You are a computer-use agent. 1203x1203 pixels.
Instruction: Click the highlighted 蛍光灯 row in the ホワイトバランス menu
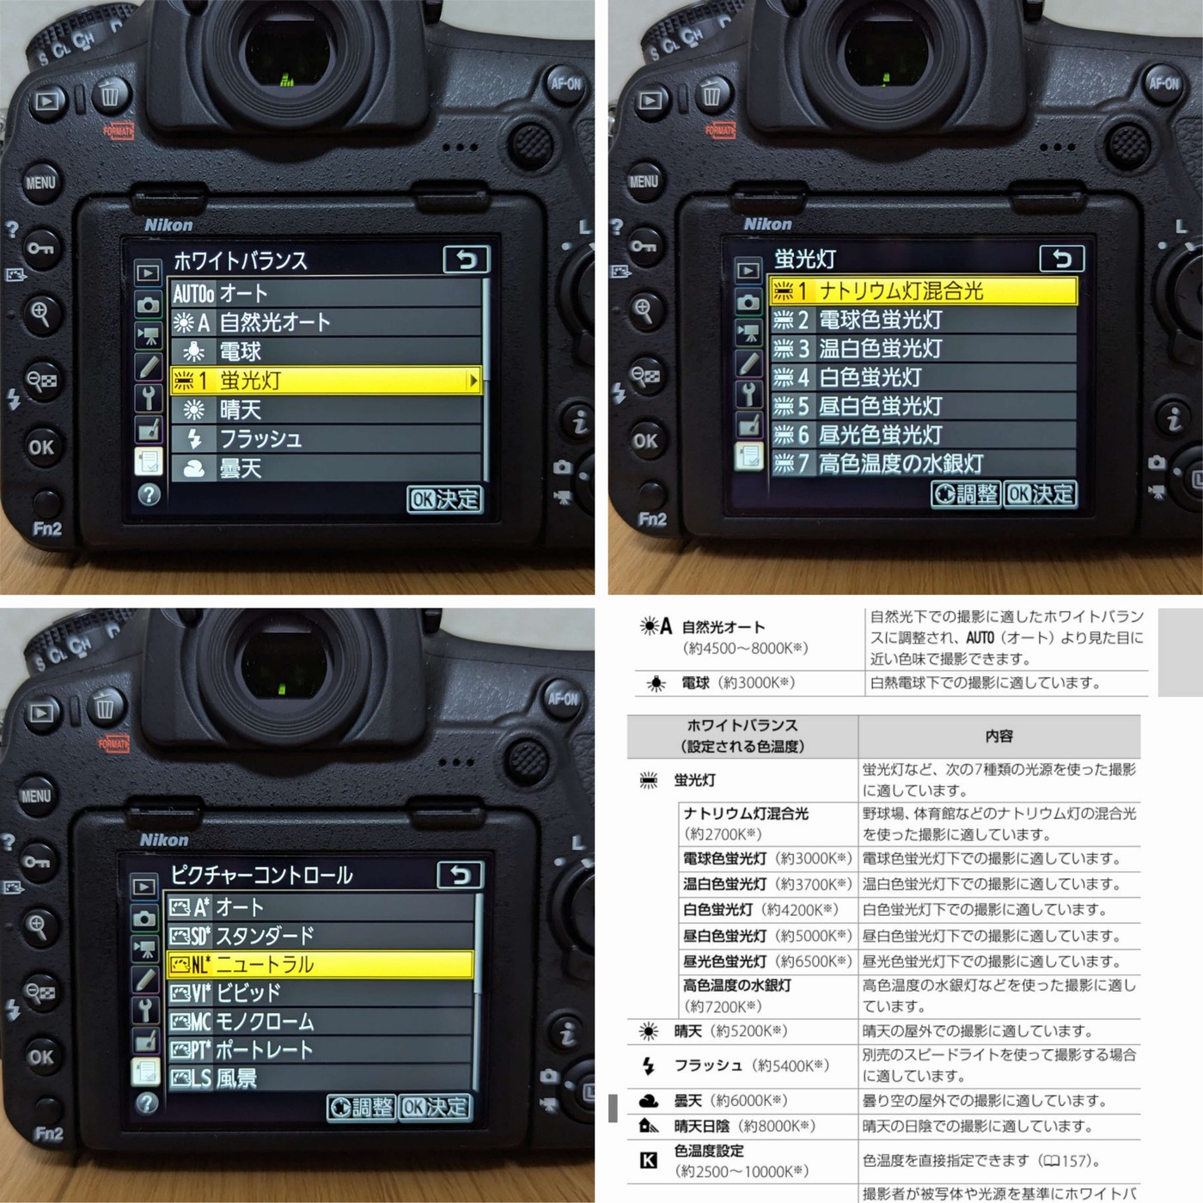click(x=326, y=380)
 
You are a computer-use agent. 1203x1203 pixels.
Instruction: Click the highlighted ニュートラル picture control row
click(x=321, y=964)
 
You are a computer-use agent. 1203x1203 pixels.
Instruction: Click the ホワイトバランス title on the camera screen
click(x=241, y=260)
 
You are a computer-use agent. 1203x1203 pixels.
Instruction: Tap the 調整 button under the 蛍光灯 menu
click(x=966, y=494)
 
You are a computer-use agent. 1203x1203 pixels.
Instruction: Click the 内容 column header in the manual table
click(x=998, y=736)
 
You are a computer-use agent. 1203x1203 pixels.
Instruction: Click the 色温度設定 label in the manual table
click(x=709, y=1151)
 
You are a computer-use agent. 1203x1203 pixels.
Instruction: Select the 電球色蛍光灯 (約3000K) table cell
click(x=767, y=858)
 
